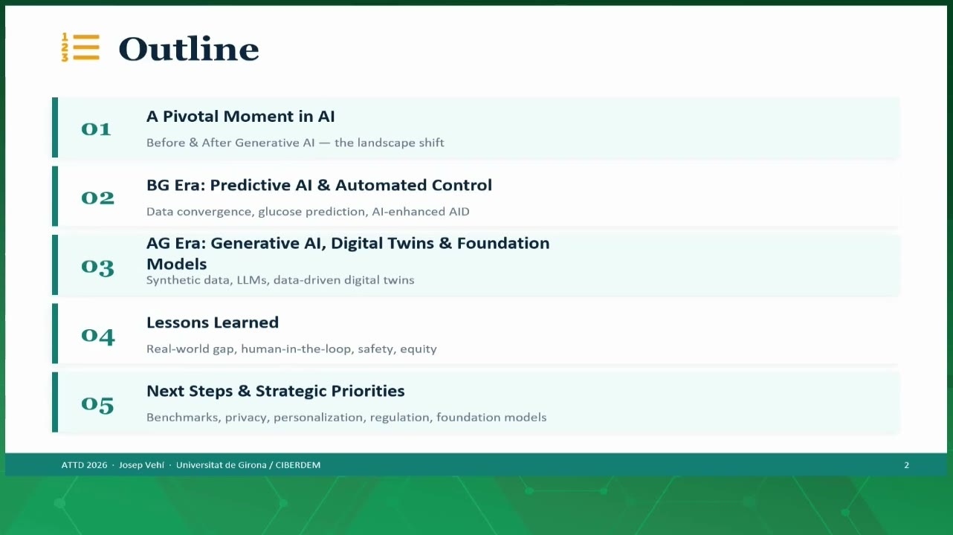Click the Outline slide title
[189, 48]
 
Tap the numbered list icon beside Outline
[80, 48]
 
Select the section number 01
[96, 129]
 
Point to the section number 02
[98, 198]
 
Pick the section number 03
[98, 267]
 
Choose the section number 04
[98, 336]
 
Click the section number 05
[97, 404]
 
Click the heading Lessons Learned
[213, 322]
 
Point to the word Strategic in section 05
[290, 392]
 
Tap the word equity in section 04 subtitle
[419, 349]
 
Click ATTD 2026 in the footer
[84, 465]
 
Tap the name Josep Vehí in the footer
[141, 465]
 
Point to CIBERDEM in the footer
[298, 465]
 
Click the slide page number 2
[907, 465]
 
